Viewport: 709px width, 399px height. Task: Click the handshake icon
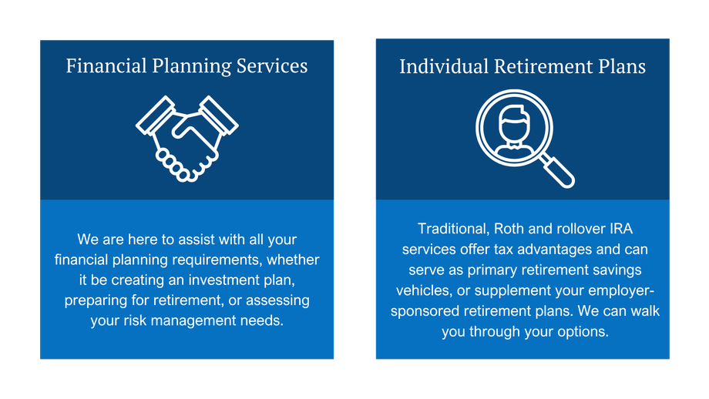[186, 139]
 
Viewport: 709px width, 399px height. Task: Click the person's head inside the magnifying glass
[514, 123]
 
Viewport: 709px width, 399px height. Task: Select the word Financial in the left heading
[106, 66]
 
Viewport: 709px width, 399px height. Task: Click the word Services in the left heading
[272, 66]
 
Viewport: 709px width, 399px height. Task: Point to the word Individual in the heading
[444, 66]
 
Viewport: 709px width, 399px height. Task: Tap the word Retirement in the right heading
[543, 66]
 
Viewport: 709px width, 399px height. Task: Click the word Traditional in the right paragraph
[453, 229]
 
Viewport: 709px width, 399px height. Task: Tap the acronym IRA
[621, 229]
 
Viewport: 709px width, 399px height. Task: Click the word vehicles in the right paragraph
[424, 290]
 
